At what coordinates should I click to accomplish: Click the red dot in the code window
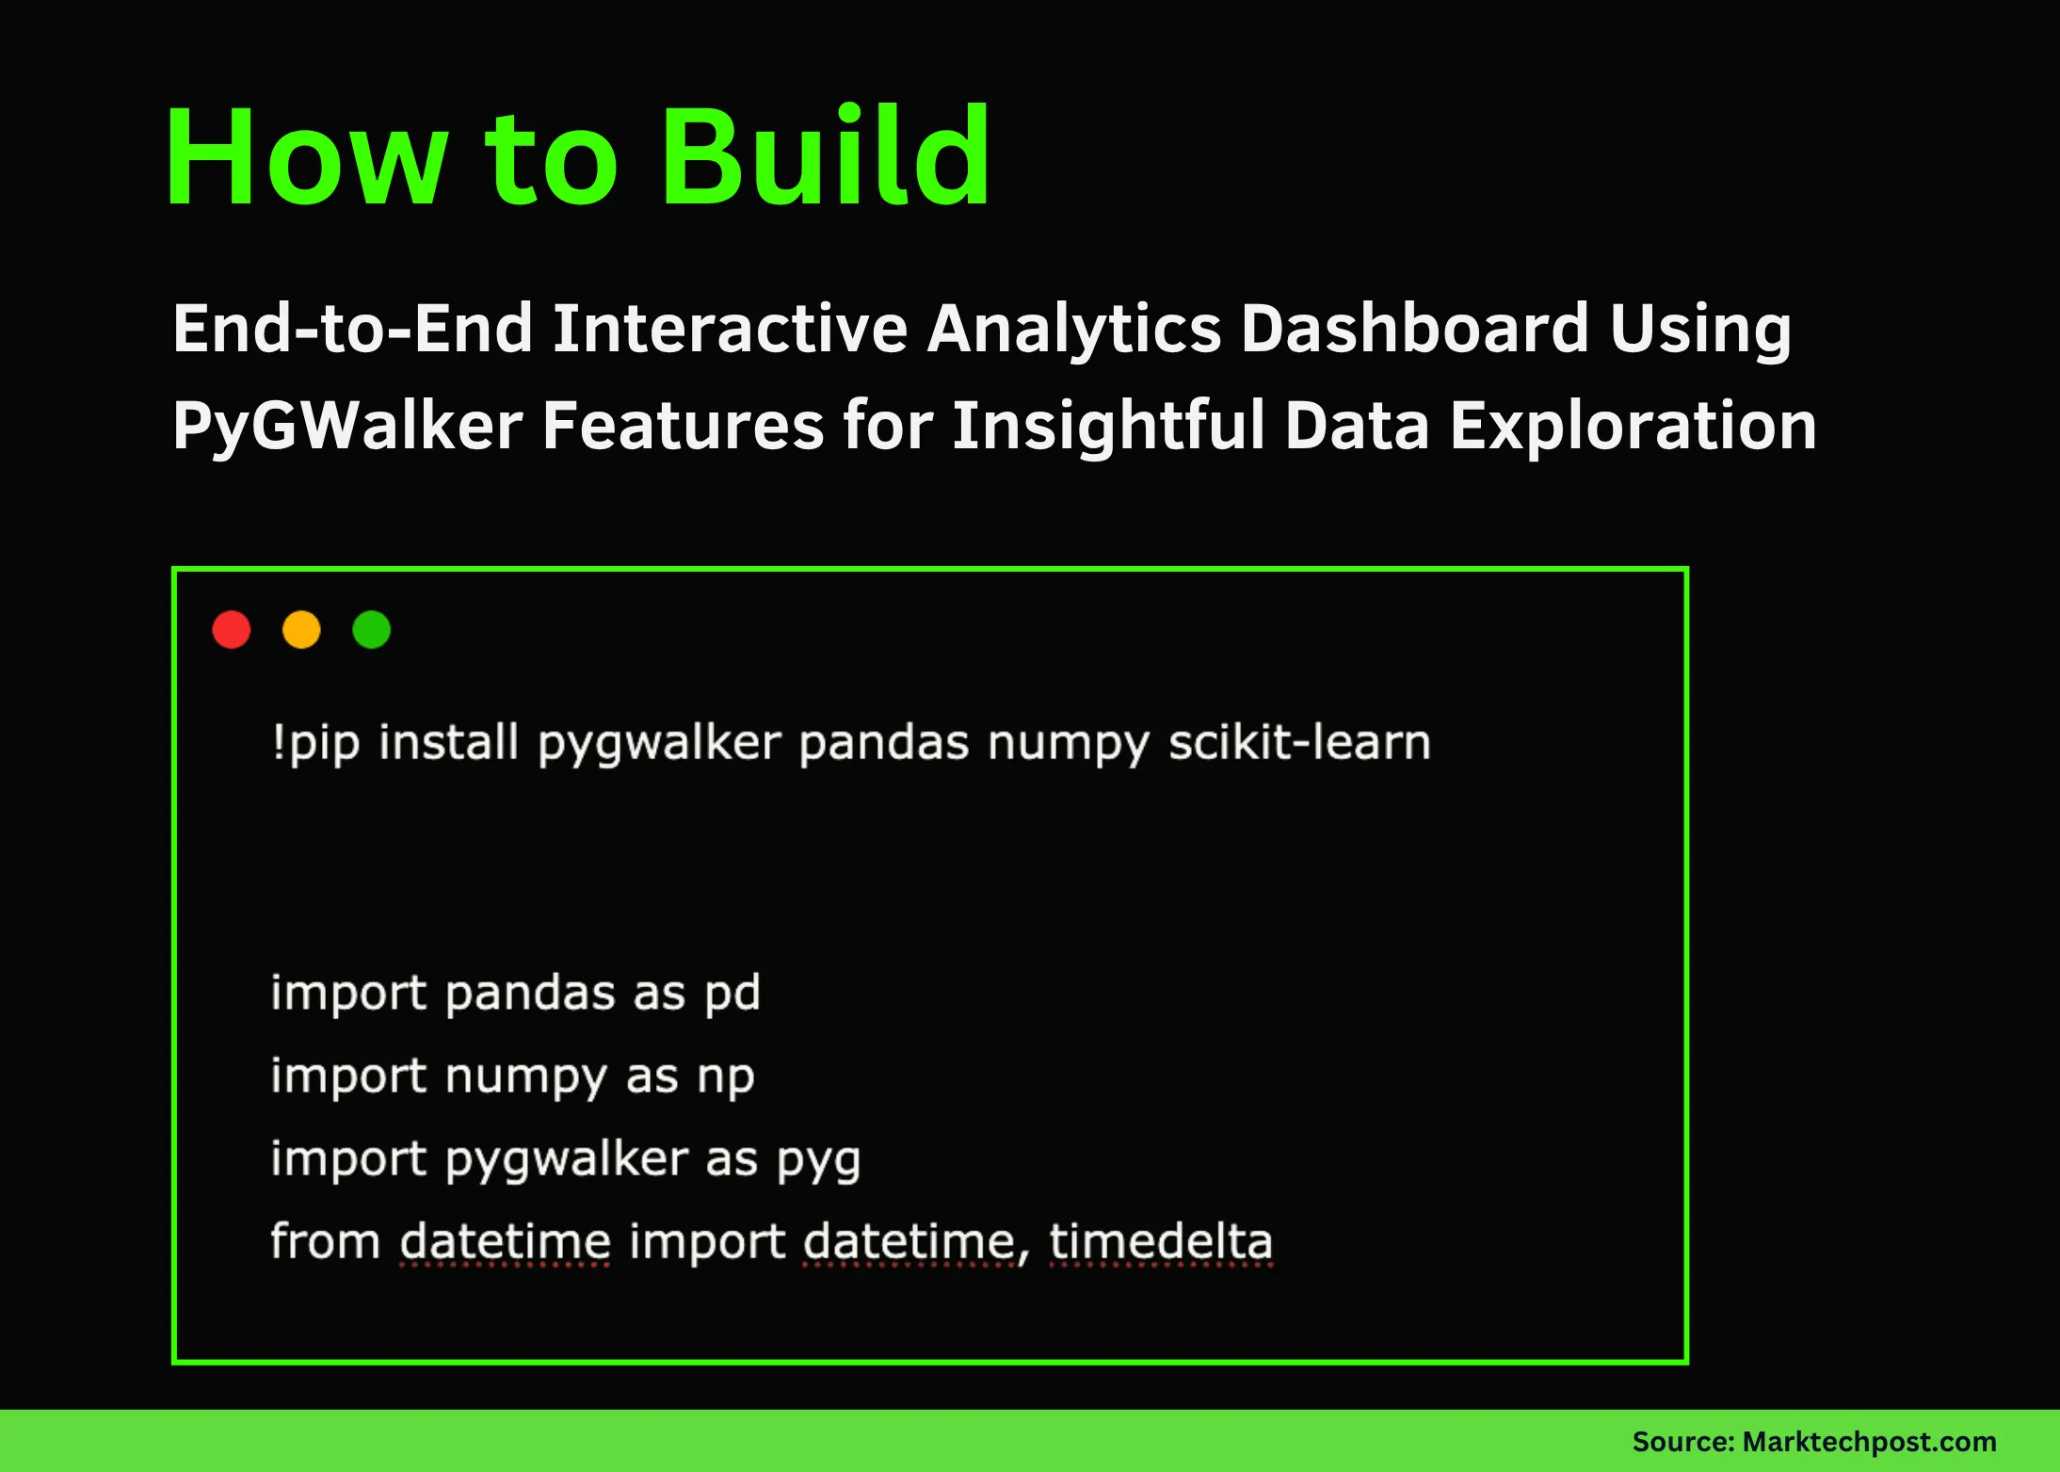tap(232, 629)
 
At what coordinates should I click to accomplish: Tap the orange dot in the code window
tap(301, 629)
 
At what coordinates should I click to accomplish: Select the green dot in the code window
tap(371, 629)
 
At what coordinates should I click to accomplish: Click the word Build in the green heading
tap(825, 156)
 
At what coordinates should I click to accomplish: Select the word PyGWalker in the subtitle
tap(347, 426)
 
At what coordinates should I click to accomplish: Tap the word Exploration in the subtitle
tap(1633, 426)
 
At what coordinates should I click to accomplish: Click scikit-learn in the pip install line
tap(1299, 743)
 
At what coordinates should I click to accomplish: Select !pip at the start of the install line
tap(315, 743)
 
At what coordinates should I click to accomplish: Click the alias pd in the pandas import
tap(732, 994)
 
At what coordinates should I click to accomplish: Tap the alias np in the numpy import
tap(725, 1076)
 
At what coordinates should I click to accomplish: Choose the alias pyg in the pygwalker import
tap(818, 1159)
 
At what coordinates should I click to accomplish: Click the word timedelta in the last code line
tap(1161, 1241)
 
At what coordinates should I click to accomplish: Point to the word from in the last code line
tap(325, 1241)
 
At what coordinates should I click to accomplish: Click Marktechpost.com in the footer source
tap(1869, 1442)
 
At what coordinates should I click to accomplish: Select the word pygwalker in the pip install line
tap(659, 743)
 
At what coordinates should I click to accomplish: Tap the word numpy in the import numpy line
tap(525, 1076)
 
